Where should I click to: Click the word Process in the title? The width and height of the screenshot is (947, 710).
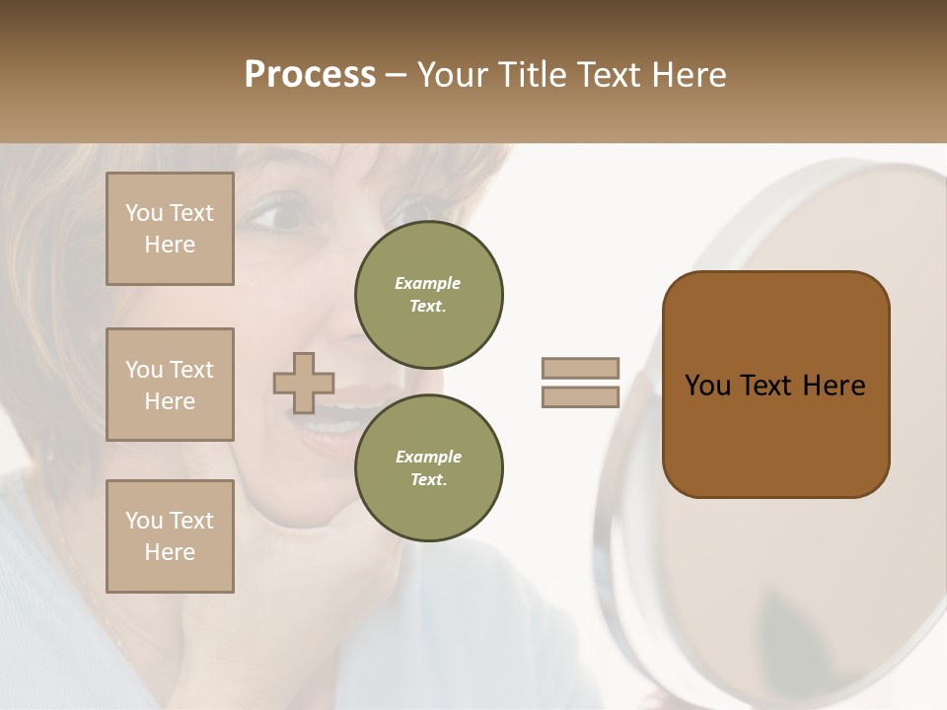point(310,75)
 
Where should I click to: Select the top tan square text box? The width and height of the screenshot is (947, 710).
point(170,229)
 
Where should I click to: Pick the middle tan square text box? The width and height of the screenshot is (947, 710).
point(170,385)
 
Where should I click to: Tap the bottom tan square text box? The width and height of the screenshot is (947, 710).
point(170,536)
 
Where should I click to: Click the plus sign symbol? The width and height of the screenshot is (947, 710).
point(304,383)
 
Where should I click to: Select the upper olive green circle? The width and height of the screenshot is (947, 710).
point(429,295)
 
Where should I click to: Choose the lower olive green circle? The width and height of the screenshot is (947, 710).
point(429,468)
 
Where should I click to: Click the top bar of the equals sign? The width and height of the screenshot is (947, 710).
point(580,368)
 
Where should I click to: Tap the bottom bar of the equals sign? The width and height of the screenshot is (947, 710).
point(580,397)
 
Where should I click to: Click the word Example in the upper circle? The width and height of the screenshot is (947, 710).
point(428,283)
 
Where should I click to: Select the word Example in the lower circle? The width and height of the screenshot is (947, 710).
point(428,457)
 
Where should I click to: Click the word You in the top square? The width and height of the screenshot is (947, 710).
point(144,213)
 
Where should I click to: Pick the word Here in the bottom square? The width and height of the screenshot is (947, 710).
point(170,552)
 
